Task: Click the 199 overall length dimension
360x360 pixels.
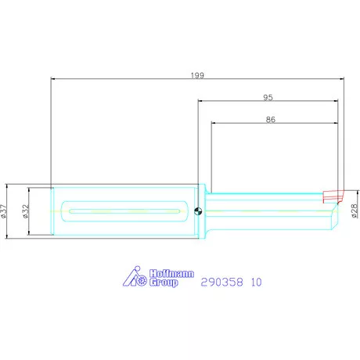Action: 197,75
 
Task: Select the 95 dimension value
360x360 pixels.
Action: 268,98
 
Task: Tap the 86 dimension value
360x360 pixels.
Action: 271,120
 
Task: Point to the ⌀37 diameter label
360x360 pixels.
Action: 3,211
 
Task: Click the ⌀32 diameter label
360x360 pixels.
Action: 25,211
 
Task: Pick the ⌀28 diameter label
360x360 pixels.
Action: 354,211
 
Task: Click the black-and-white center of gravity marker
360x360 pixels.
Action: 198,211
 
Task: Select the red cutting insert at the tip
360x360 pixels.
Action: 333,196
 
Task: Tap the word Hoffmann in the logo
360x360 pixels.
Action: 171,274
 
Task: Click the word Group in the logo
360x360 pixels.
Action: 164,283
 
